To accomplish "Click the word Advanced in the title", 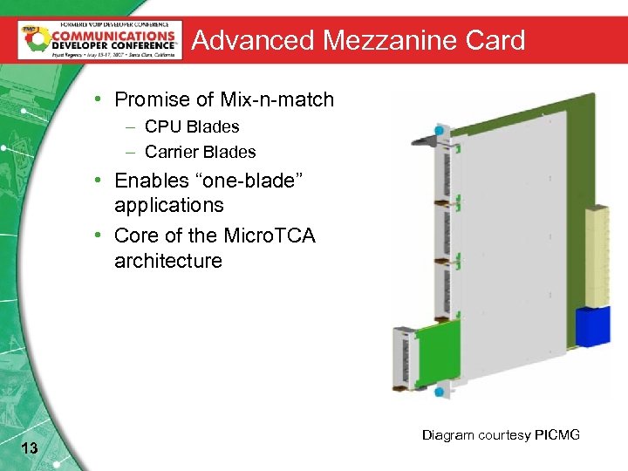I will point(252,40).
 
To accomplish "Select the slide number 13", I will point(28,448).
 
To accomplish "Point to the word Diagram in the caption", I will point(449,435).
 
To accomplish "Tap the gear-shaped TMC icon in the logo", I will point(30,38).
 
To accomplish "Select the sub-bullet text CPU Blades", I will point(192,126).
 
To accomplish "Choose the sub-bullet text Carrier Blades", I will point(201,152).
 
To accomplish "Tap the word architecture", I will point(168,261).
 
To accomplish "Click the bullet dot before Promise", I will point(102,99).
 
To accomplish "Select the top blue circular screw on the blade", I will point(439,130).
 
